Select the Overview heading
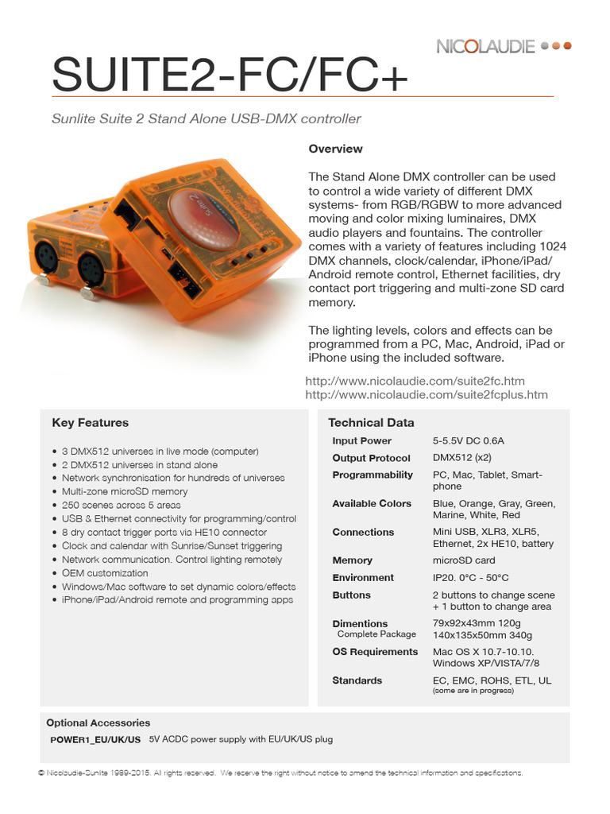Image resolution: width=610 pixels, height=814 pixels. [x=335, y=149]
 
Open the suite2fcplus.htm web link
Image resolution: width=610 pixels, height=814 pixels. [x=427, y=394]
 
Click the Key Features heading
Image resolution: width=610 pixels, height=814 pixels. [x=90, y=423]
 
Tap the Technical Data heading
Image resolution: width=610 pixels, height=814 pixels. [x=371, y=423]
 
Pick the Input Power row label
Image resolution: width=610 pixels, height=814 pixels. [x=361, y=440]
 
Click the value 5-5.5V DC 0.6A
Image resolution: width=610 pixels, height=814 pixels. [x=469, y=440]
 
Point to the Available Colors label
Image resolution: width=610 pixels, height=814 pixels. [x=372, y=503]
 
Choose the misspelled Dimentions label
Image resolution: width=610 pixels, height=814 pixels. [x=360, y=623]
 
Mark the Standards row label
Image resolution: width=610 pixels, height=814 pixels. [x=357, y=680]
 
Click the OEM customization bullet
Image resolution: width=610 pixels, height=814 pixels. [x=105, y=572]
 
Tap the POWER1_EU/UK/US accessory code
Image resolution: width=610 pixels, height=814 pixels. [x=95, y=739]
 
